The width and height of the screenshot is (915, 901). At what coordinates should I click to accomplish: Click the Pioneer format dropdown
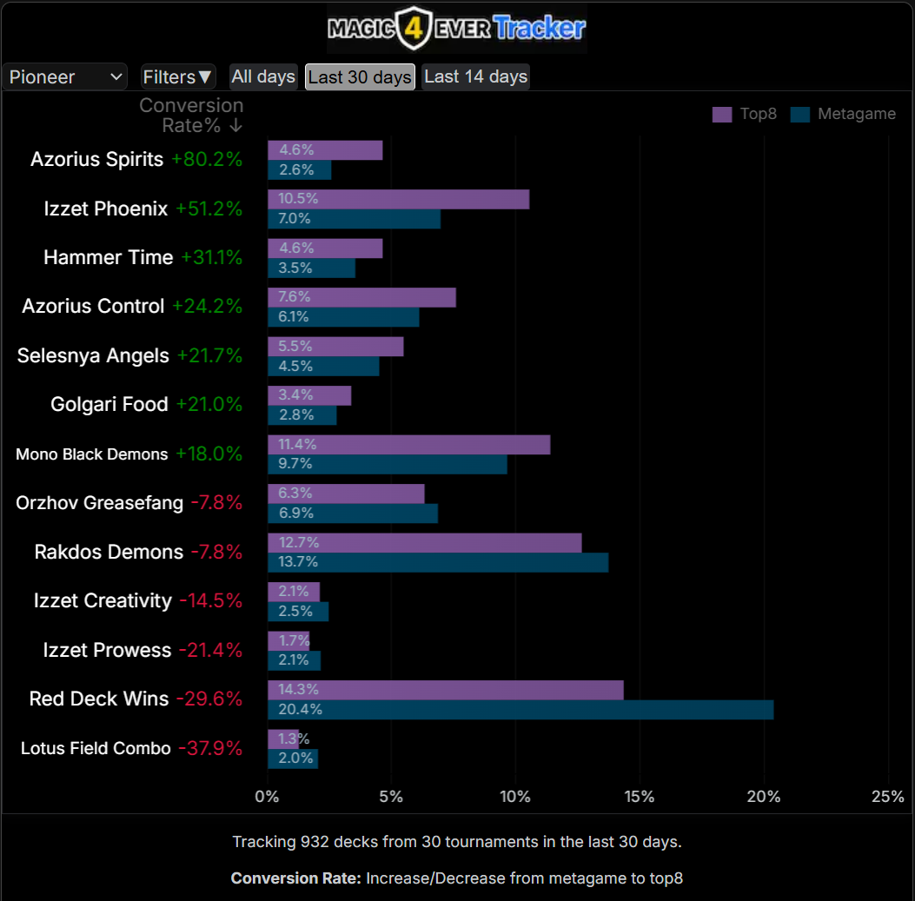coord(65,76)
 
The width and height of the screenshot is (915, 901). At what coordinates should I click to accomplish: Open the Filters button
coord(178,76)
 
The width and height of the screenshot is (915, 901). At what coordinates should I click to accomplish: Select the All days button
coord(263,76)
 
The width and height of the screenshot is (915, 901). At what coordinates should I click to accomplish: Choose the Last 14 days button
coord(475,76)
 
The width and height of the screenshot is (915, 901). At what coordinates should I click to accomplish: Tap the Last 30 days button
coord(360,76)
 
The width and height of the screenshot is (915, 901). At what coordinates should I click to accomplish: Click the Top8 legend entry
coord(745,114)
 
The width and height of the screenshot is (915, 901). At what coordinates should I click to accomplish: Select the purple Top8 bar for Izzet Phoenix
coord(398,199)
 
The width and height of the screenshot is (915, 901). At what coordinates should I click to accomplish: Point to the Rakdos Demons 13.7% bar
coord(437,562)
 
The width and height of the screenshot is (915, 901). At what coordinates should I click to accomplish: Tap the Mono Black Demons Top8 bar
coord(408,445)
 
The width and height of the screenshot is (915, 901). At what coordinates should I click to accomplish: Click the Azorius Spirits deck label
coord(96,159)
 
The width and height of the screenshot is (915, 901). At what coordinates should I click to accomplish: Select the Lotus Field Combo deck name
coord(96,748)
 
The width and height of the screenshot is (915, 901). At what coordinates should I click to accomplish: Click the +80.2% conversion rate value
coord(207,159)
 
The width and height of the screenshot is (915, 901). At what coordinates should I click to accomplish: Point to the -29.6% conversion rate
coord(209,699)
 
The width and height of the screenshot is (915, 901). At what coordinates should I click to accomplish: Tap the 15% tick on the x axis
coord(640,797)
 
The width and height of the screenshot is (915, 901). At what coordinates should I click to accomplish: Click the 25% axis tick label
coord(887,797)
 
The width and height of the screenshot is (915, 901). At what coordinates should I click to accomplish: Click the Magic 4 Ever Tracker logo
coord(456,29)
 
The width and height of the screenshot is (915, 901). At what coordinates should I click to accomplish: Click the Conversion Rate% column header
coord(191,115)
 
